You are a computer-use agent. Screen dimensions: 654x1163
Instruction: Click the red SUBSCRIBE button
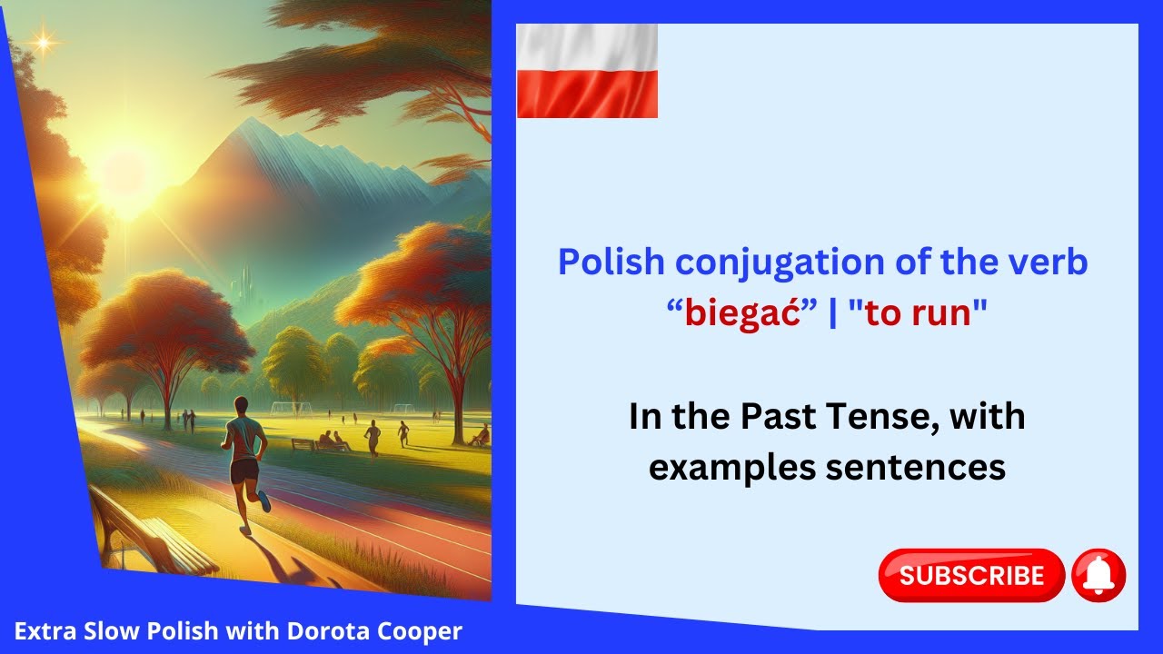pyautogui.click(x=970, y=575)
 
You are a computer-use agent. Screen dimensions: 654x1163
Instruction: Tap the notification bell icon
pyautogui.click(x=1099, y=576)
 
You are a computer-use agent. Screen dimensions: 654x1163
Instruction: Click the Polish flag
pyautogui.click(x=587, y=72)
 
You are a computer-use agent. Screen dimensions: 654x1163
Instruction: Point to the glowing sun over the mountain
pyautogui.click(x=124, y=173)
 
